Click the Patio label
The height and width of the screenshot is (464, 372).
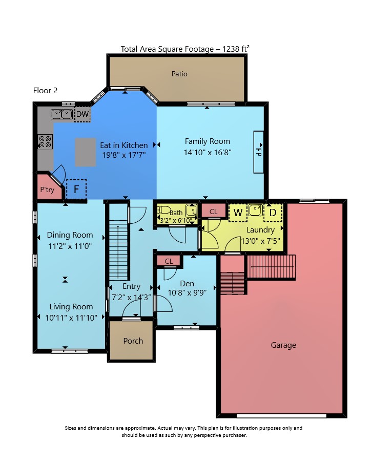tap(179, 74)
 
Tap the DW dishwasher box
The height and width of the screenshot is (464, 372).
tap(82, 114)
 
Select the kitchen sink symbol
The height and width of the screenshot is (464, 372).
tap(61, 114)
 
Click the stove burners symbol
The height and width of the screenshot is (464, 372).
tap(45, 141)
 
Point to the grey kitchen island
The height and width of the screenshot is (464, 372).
tap(86, 152)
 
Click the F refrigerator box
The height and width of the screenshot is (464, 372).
tap(76, 189)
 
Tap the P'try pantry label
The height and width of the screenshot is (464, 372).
tap(47, 189)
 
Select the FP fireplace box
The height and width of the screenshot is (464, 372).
tap(258, 152)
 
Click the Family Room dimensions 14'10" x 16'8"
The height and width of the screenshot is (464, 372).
tap(208, 153)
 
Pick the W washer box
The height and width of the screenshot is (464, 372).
tap(238, 213)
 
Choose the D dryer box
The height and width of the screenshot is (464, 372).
tap(273, 213)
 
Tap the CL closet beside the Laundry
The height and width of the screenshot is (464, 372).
tap(213, 212)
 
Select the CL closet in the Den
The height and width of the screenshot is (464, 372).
tap(169, 261)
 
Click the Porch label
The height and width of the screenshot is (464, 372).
tap(133, 341)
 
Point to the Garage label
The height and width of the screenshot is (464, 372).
tap(283, 345)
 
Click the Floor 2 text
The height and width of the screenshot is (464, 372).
tap(45, 91)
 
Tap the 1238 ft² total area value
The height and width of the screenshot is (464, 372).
tap(236, 49)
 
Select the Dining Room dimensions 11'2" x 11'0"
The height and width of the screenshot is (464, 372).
tap(70, 246)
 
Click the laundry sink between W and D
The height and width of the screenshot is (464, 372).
tap(255, 210)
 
